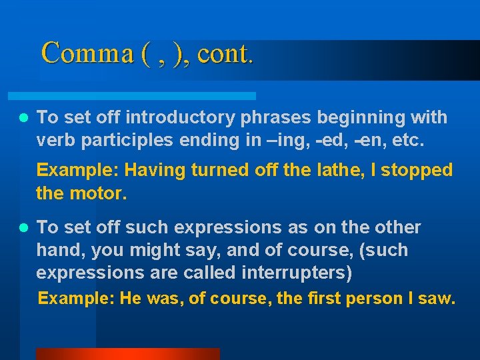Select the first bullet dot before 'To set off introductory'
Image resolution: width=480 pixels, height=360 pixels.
click(23, 118)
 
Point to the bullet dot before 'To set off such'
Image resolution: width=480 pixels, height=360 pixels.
click(23, 228)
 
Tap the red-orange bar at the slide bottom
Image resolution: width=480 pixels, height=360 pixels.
click(127, 354)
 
